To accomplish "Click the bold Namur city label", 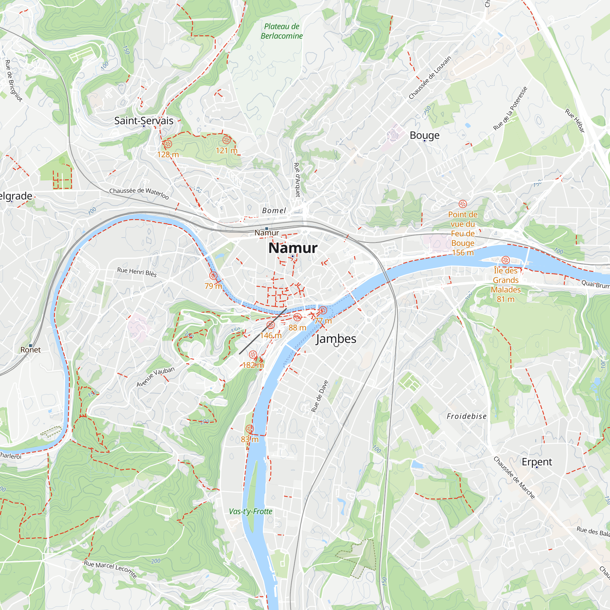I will [x=293, y=248].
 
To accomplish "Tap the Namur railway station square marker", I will [x=267, y=228].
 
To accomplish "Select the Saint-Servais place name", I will [x=144, y=120].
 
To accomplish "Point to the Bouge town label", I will [x=424, y=135].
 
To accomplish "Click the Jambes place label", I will [x=336, y=339].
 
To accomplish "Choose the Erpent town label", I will [x=537, y=462].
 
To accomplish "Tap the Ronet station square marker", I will [x=30, y=346].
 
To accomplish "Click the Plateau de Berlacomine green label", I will [x=281, y=31].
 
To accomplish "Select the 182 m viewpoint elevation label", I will [x=253, y=365].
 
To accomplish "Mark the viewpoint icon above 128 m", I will [x=168, y=144].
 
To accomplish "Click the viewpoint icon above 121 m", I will [x=226, y=140].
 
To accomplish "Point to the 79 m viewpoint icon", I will [x=213, y=276].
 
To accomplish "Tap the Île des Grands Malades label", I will [x=505, y=285].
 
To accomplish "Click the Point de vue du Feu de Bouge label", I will [x=463, y=233].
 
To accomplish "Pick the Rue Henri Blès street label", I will [x=137, y=272].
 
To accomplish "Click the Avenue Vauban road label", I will [x=155, y=377].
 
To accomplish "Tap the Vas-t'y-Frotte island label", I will [x=251, y=511].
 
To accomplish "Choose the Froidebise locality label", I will [x=467, y=416].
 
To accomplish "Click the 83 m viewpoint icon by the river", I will [x=249, y=429].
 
